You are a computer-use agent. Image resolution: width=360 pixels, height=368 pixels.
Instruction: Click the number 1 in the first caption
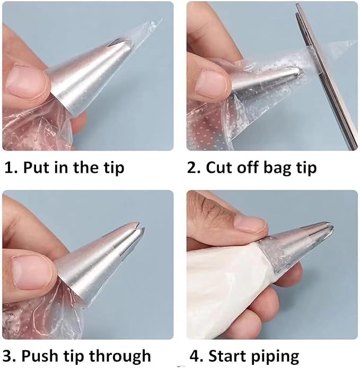pos(8,168)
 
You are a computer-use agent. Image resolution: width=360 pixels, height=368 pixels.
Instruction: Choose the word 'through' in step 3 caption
pos(120,356)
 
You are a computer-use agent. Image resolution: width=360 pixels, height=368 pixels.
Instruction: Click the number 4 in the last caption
pos(195,356)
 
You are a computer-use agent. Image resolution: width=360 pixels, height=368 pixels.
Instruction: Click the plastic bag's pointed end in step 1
pos(161,20)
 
